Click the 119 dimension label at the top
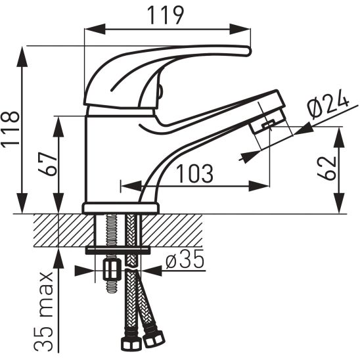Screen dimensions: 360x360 166,15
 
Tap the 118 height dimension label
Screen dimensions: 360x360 10,129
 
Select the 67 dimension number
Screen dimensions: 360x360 48,164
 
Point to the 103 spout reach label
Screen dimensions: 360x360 194,173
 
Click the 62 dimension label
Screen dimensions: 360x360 326,168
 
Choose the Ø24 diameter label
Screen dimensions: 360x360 328,104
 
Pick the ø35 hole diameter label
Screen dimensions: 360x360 185,259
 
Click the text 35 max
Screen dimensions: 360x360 44,312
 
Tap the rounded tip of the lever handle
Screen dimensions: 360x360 248,51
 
